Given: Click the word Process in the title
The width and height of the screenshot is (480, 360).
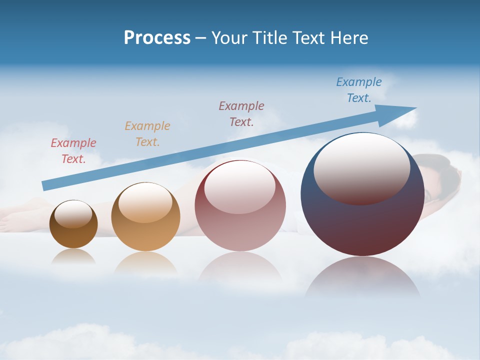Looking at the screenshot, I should pyautogui.click(x=157, y=38).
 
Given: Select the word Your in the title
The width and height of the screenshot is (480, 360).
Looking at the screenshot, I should pyautogui.click(x=228, y=38).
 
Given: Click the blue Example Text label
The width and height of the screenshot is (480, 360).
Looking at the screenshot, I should pyautogui.click(x=358, y=90).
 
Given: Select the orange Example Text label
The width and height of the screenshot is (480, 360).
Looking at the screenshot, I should pyautogui.click(x=147, y=134).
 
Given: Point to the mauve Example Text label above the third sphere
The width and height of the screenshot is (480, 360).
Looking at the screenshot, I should pyautogui.click(x=241, y=113).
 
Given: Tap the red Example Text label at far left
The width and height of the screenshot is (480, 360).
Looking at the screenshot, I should pyautogui.click(x=73, y=151).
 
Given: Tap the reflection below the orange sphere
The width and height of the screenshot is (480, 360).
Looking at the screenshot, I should pyautogui.click(x=145, y=262).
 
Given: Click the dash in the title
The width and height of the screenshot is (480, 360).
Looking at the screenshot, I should pyautogui.click(x=200, y=38).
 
